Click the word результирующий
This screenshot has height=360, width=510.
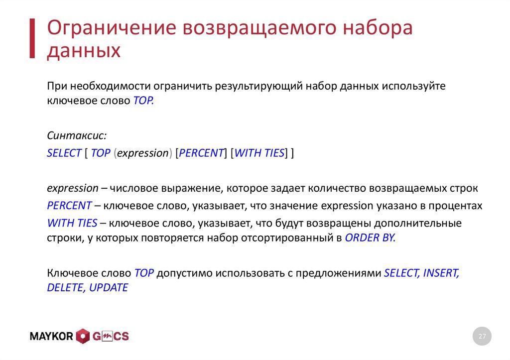pyautogui.click(x=259, y=86)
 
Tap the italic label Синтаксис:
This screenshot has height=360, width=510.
pyautogui.click(x=77, y=136)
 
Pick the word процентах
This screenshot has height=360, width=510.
pyautogui.click(x=454, y=206)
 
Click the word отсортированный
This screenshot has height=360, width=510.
pyautogui.click(x=283, y=238)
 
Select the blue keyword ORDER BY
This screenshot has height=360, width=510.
pyautogui.click(x=370, y=238)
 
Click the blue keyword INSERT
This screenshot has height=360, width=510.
pyautogui.click(x=441, y=273)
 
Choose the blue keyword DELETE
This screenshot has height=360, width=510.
pyautogui.click(x=65, y=288)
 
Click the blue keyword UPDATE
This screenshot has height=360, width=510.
pyautogui.click(x=108, y=288)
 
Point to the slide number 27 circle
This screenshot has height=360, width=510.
pyautogui.click(x=482, y=337)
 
